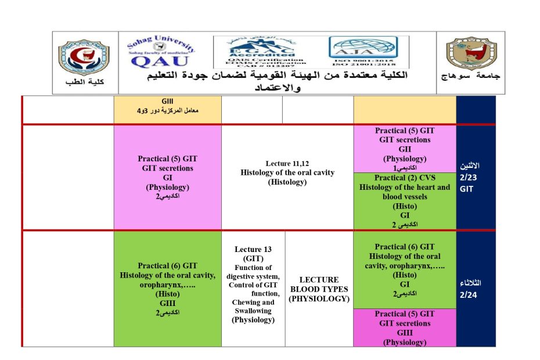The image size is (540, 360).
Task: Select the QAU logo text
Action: click(x=160, y=60)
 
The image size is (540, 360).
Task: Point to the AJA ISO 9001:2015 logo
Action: click(x=363, y=51)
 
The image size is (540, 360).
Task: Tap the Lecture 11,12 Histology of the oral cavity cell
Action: click(x=287, y=173)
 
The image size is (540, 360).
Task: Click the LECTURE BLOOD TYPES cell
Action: click(x=319, y=289)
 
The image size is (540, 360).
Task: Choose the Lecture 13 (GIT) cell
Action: click(x=253, y=285)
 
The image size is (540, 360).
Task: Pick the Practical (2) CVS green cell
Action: click(x=404, y=201)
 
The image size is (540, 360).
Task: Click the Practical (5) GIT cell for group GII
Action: click(x=404, y=149)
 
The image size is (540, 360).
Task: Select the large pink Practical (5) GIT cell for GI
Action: click(x=167, y=177)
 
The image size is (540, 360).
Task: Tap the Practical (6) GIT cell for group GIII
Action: click(x=167, y=289)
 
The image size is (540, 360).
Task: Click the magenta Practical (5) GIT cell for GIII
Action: click(x=404, y=327)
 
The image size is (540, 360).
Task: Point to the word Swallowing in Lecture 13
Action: click(x=253, y=311)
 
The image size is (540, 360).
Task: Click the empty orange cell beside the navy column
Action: click(x=404, y=110)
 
